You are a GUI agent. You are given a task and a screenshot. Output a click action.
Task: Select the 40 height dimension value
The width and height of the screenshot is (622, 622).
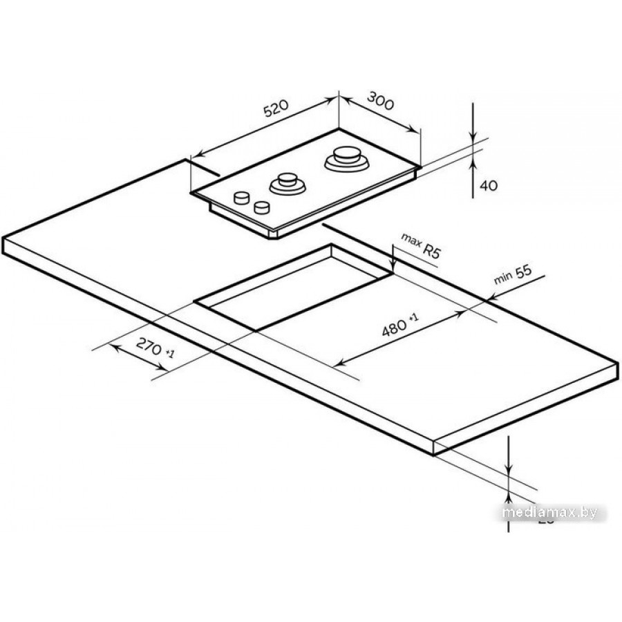[x=489, y=185]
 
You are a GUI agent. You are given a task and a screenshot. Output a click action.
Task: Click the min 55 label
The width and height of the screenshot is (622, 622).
[x=513, y=275]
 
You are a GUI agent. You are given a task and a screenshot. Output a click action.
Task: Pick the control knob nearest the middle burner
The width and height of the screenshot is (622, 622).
[x=261, y=206]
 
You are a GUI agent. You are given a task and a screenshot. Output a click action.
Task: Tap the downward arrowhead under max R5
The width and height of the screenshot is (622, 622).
[x=393, y=267]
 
